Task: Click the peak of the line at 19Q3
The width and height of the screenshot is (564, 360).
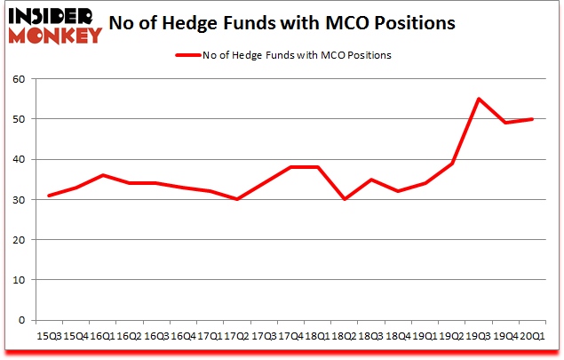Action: point(480,99)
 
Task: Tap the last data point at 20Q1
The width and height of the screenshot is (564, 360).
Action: point(533,119)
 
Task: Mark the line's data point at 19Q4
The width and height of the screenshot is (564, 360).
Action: point(506,123)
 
